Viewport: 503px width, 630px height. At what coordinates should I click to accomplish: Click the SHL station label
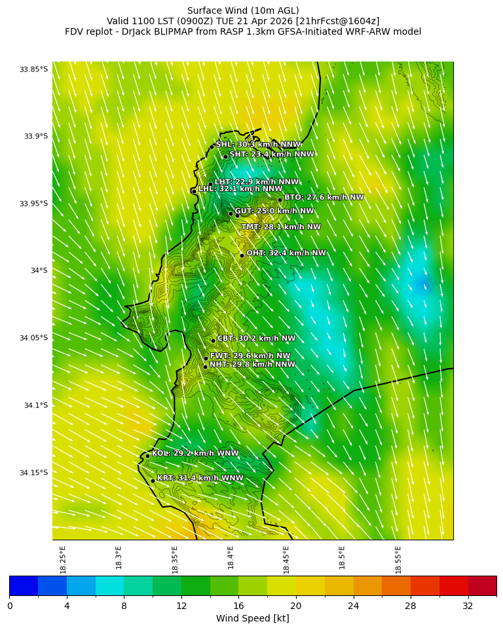coord(258,145)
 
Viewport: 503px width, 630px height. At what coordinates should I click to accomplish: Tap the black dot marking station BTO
coord(280,200)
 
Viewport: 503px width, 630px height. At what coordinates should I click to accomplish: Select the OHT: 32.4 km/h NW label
coord(286,253)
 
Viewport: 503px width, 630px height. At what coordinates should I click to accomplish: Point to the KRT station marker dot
coord(153,481)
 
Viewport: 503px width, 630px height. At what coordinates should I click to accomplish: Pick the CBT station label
coord(256,339)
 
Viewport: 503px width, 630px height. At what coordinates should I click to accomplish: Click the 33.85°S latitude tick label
coord(33,69)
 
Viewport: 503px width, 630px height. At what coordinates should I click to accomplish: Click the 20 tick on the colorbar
coord(295,606)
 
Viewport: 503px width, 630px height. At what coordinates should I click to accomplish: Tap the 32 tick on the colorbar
coord(468,606)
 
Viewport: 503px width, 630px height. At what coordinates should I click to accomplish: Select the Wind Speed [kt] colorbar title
coord(252,619)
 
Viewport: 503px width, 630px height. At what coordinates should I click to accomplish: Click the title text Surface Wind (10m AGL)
coord(243,10)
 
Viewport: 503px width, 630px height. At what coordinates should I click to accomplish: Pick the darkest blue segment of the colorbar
coord(24,586)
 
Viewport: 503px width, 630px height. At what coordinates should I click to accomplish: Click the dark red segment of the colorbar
coord(482,586)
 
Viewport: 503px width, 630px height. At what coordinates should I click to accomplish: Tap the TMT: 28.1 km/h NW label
coord(281,227)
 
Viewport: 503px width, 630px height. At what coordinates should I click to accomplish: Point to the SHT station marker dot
coord(225,157)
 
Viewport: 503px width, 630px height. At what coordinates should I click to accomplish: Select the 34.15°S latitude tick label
coord(33,473)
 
